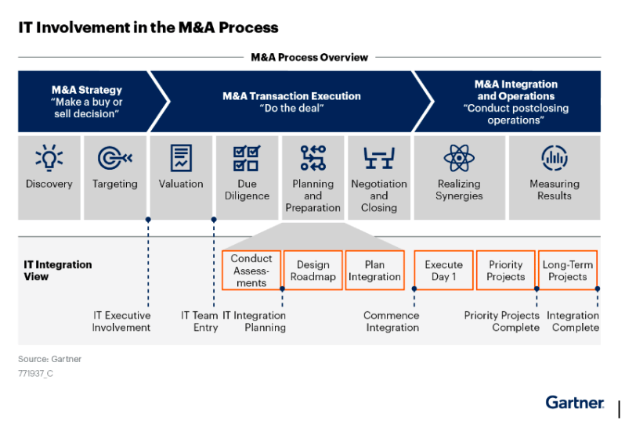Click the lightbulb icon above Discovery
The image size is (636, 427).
[x=49, y=158]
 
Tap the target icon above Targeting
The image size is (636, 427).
[x=115, y=158]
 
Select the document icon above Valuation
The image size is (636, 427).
[x=181, y=158]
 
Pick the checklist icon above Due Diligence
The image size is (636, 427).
[x=247, y=158]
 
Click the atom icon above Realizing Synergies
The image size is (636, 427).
[x=459, y=158]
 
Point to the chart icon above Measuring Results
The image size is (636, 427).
[x=555, y=158]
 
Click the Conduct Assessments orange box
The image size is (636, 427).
[x=251, y=271]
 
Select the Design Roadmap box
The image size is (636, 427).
[x=313, y=271]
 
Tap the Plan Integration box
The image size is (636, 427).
[x=374, y=271]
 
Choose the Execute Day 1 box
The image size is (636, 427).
[x=443, y=271]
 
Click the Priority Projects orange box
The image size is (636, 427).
[x=505, y=271]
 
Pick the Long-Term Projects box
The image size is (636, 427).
[x=568, y=271]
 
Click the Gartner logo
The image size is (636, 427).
[x=575, y=402]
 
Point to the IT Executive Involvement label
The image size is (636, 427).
[x=121, y=321]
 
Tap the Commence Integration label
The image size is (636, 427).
[x=392, y=321]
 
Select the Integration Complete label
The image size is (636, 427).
[x=573, y=321]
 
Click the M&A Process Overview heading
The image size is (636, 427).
[x=309, y=57]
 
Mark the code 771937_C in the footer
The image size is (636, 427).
[x=35, y=374]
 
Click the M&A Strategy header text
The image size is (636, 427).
[x=86, y=91]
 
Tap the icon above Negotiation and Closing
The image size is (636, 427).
[x=379, y=158]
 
